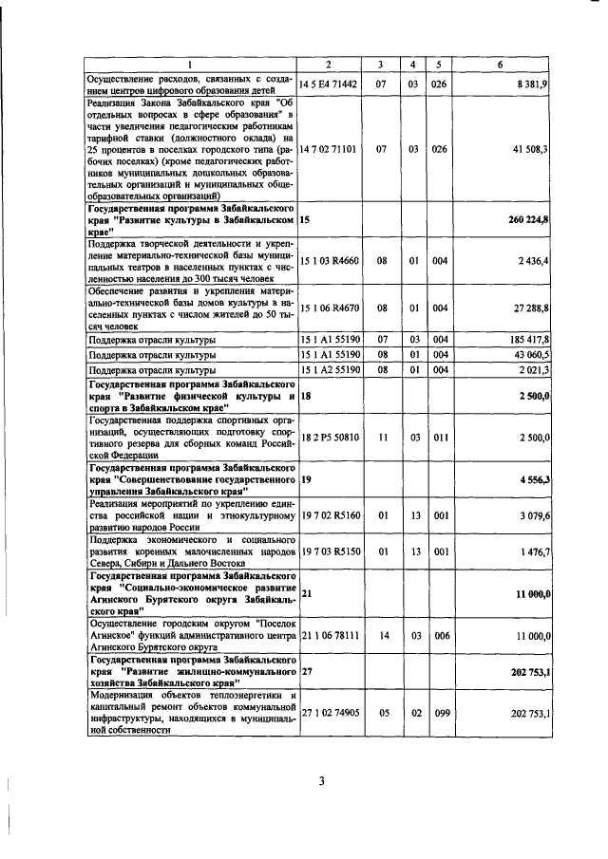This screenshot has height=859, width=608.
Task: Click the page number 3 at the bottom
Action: click(x=321, y=781)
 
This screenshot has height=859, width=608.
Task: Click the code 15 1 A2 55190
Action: click(x=329, y=369)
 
